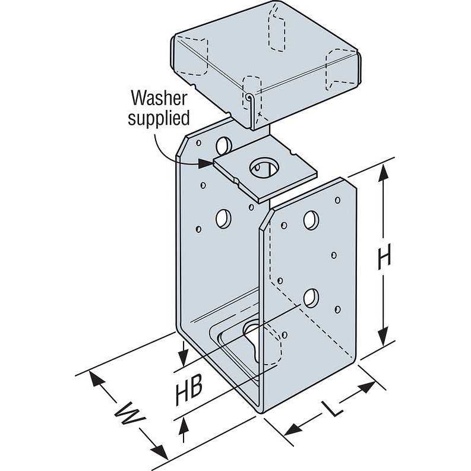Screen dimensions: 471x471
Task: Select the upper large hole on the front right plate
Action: [x=311, y=219]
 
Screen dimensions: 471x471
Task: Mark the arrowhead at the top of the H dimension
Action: [x=385, y=172]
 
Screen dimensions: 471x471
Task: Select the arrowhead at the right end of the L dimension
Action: [x=368, y=387]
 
